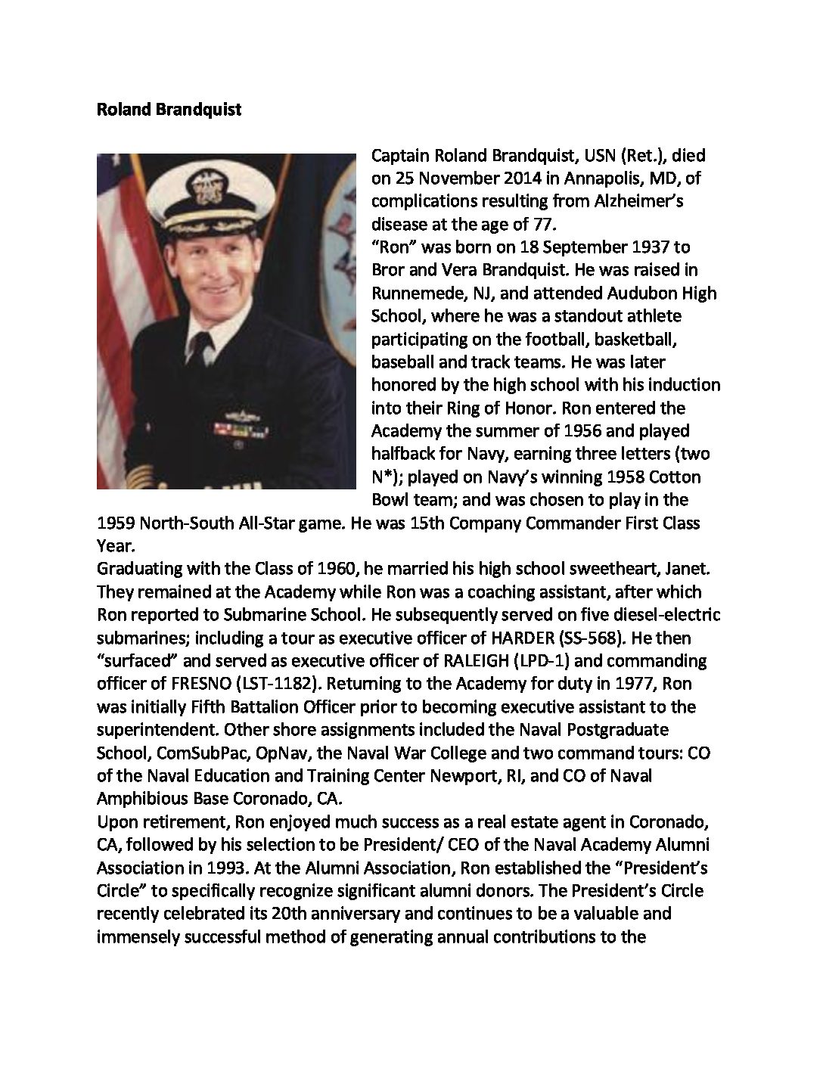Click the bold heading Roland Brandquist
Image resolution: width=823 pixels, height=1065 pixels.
tap(169, 110)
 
